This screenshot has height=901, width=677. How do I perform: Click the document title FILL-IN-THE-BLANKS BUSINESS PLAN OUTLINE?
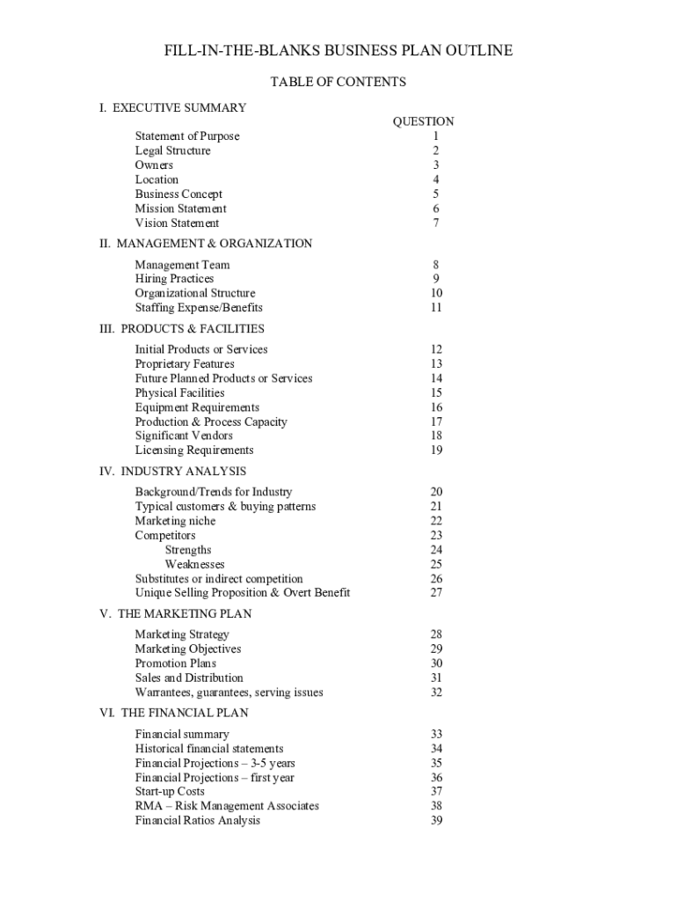(338, 51)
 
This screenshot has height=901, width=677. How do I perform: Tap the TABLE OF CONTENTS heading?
(338, 82)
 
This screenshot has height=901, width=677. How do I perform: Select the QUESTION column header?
(423, 121)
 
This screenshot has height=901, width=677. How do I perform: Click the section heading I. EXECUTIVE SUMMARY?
(173, 107)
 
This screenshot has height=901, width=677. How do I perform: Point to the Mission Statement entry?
(180, 209)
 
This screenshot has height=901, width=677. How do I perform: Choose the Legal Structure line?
(172, 150)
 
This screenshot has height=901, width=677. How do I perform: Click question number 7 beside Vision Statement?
(435, 223)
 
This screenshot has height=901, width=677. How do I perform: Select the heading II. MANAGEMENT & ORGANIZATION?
(206, 243)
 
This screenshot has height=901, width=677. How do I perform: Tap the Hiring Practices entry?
(174, 279)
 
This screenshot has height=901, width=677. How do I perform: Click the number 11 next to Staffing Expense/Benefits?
(436, 308)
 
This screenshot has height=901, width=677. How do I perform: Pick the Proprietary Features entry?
(185, 364)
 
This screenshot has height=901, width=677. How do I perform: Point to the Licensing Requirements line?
(194, 450)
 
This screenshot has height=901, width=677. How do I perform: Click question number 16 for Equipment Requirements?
(436, 407)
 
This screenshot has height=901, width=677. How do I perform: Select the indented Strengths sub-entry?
(188, 550)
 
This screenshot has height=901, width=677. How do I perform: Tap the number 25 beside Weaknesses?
(436, 565)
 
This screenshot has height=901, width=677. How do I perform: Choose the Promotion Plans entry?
(176, 663)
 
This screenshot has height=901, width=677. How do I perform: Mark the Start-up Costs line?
(170, 792)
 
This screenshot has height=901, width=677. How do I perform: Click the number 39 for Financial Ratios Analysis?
(436, 821)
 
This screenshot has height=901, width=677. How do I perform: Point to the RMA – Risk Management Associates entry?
(227, 806)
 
